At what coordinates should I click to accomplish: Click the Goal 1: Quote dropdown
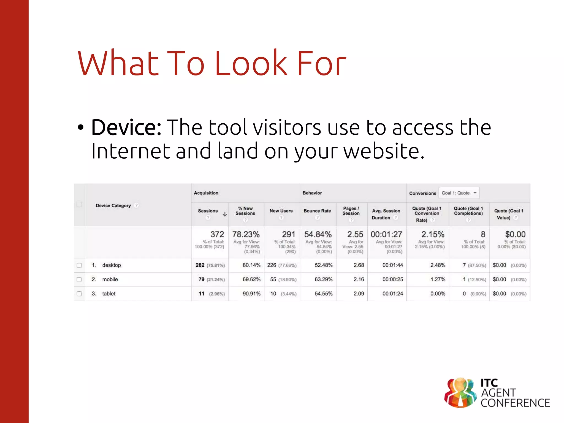click(459, 193)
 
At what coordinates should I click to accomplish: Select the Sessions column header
click(208, 211)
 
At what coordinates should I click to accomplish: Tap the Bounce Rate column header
click(317, 211)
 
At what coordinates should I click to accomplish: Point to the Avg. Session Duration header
click(386, 214)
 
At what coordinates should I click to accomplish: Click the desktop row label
click(112, 265)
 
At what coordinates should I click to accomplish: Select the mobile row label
click(110, 280)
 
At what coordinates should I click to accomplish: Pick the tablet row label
click(109, 294)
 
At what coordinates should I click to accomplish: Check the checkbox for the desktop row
click(79, 265)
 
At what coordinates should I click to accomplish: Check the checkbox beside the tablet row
click(79, 294)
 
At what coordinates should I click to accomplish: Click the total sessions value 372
click(217, 234)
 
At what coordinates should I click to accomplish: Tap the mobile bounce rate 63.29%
click(324, 280)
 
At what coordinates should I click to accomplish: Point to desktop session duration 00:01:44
click(392, 265)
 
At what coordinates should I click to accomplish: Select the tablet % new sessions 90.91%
click(251, 294)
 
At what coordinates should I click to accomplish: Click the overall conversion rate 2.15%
click(433, 234)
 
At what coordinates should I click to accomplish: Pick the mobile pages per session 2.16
click(359, 280)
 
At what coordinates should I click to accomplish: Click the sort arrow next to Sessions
click(225, 214)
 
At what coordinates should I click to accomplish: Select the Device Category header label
click(113, 206)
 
